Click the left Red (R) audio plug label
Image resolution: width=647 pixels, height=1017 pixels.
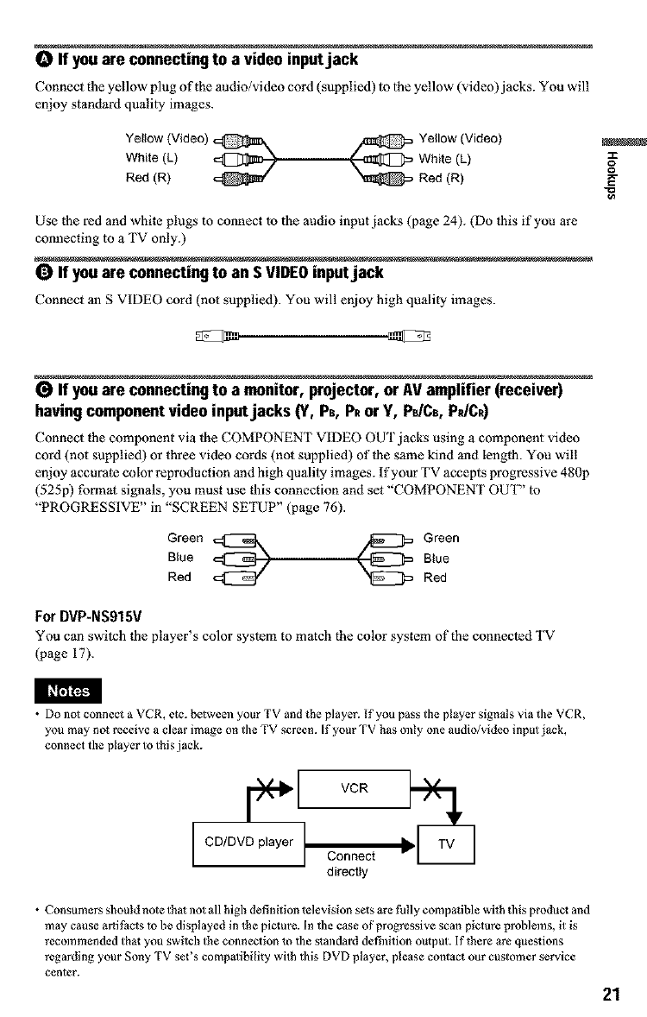pyautogui.click(x=146, y=173)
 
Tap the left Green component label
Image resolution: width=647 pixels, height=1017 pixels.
pyautogui.click(x=185, y=539)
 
